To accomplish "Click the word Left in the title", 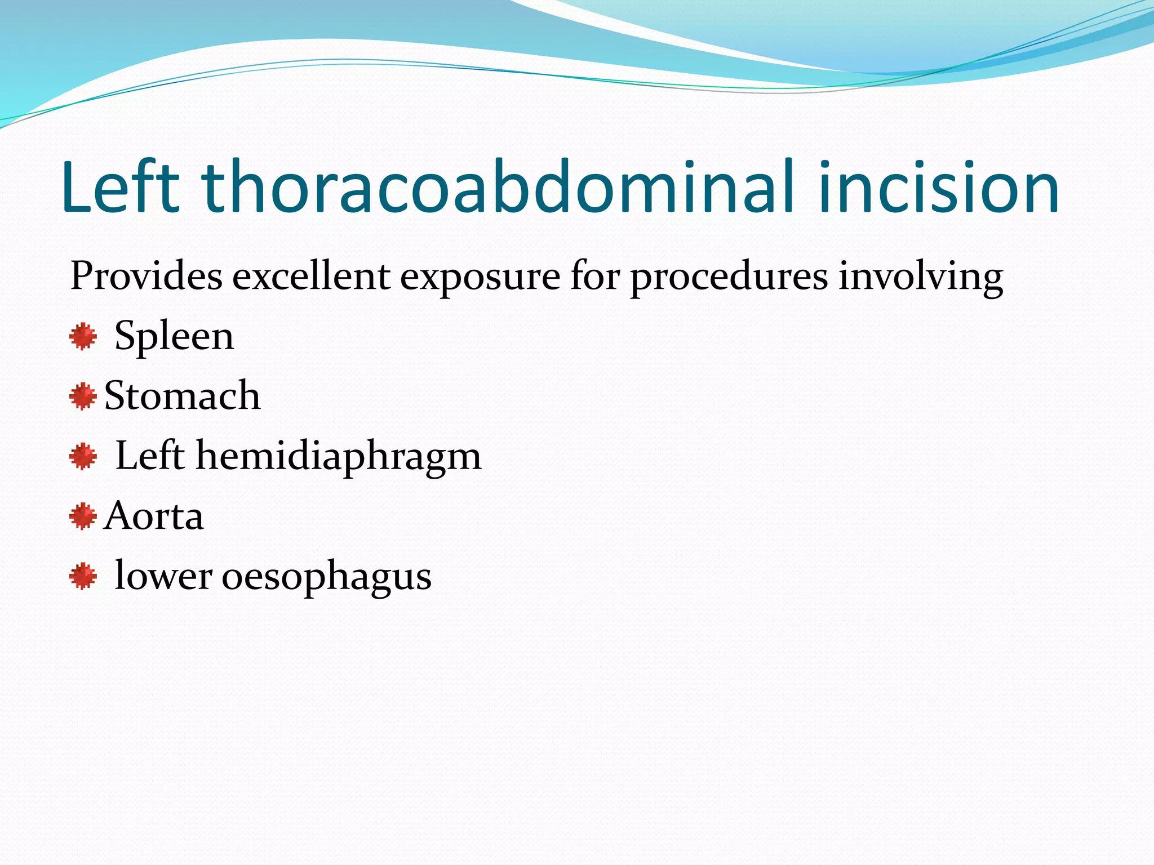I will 120,187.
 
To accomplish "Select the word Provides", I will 146,277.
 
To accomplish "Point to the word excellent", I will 311,277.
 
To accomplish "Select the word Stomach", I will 183,395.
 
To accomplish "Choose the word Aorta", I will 154,516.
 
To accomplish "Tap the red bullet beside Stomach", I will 83,396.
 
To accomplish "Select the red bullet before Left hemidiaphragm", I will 83,456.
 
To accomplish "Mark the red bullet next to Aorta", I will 83,516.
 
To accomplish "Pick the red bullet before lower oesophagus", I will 83,576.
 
